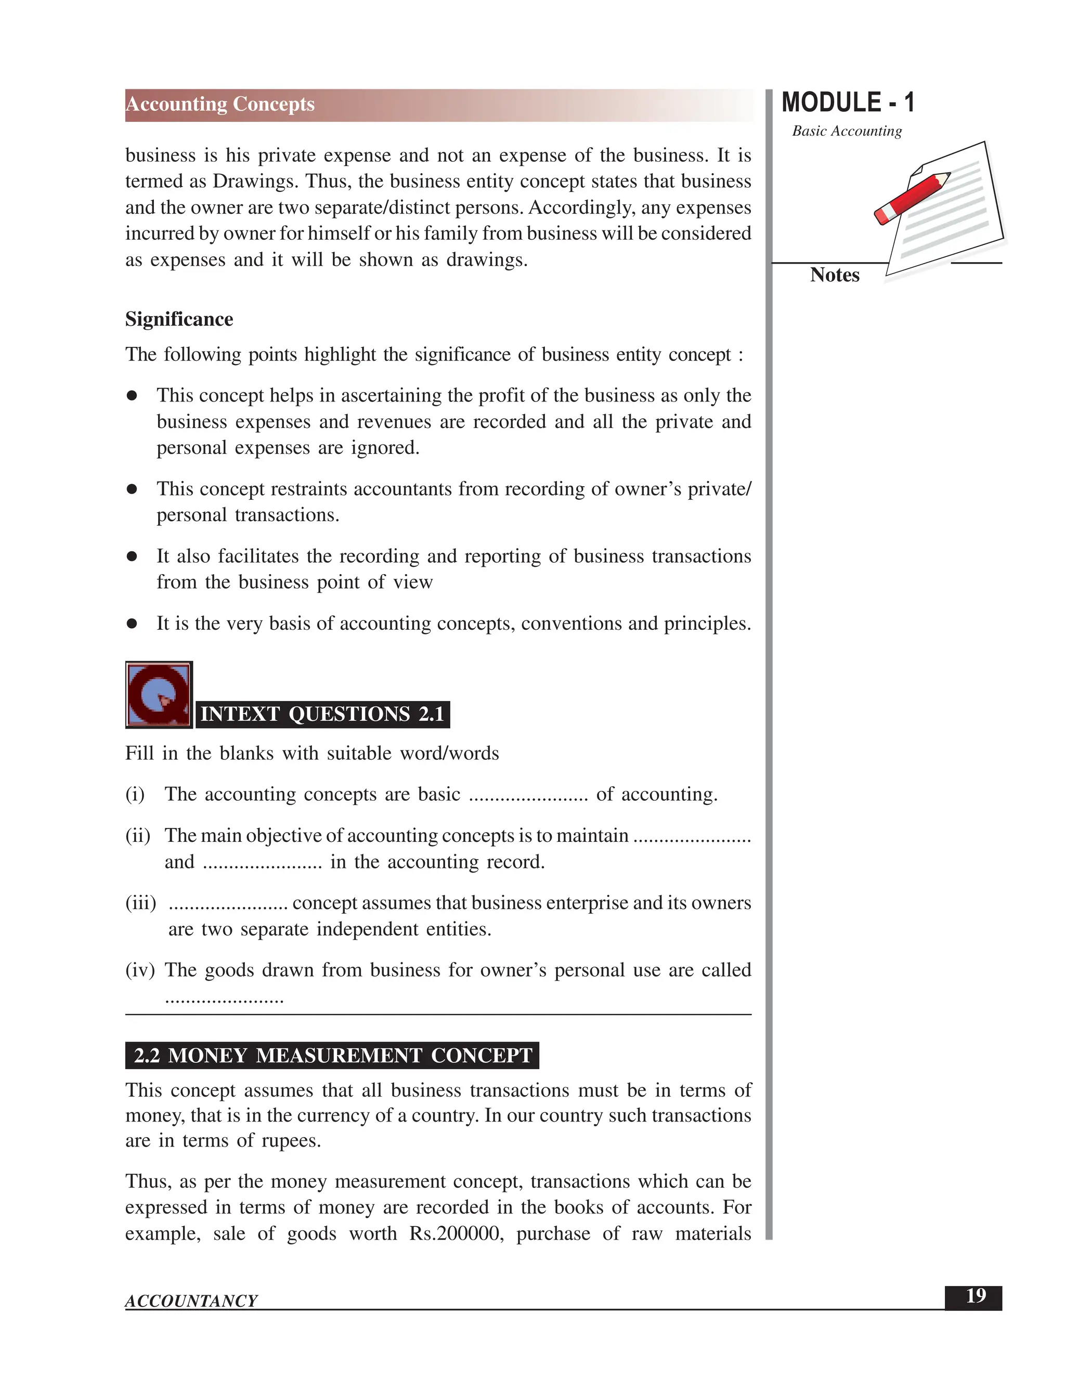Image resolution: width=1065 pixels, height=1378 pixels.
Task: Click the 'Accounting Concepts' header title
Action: point(219,104)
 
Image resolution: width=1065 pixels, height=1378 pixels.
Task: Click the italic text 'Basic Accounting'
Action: point(847,131)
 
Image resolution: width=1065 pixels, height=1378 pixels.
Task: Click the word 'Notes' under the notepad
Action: point(834,275)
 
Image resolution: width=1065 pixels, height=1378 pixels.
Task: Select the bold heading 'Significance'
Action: point(179,319)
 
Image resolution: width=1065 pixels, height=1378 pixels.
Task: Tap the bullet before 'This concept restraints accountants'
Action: point(132,489)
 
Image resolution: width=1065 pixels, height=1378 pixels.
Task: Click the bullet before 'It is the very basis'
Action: point(132,623)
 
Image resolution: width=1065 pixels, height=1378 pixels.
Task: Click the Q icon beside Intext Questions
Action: point(159,695)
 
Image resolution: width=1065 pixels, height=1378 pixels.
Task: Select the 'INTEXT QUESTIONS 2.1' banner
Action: point(322,714)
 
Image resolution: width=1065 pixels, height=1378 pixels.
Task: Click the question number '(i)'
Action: point(135,795)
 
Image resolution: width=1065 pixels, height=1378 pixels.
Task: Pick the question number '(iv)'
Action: point(140,970)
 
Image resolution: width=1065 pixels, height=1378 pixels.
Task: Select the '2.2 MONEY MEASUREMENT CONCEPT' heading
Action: point(332,1056)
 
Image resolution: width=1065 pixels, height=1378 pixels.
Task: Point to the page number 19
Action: point(976,1296)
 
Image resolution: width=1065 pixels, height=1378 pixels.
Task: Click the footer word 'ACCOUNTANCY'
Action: point(191,1301)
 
